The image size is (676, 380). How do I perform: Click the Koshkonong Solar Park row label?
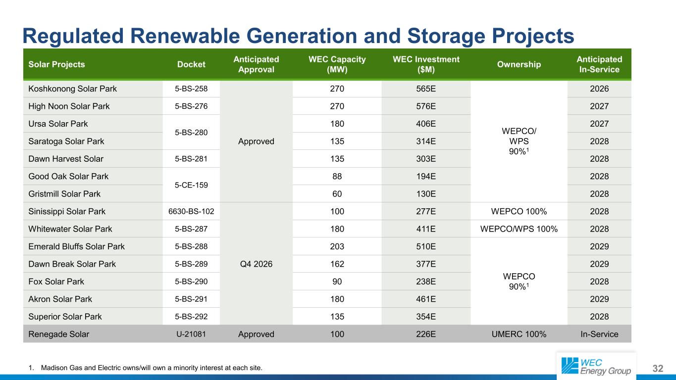click(72, 89)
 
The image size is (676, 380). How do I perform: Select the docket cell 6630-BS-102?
click(191, 211)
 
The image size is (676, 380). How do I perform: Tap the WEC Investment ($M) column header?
click(426, 64)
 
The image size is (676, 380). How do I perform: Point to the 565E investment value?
click(426, 89)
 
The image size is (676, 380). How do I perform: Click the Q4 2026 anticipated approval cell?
click(256, 264)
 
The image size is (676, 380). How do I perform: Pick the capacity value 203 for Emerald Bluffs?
click(337, 246)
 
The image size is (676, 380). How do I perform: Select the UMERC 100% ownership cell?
click(519, 334)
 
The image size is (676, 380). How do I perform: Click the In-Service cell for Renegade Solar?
click(599, 334)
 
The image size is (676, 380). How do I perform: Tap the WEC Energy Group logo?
click(596, 366)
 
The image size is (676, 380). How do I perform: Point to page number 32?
click(658, 368)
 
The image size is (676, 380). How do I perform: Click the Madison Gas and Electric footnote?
click(146, 368)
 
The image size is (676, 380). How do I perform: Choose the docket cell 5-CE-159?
click(191, 185)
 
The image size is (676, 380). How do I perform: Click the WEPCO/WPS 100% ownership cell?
click(519, 229)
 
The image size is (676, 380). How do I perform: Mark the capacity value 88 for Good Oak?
click(337, 177)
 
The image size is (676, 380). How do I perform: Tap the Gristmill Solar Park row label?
click(64, 194)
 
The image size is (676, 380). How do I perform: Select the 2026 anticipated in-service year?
click(599, 89)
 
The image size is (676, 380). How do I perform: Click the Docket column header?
click(191, 64)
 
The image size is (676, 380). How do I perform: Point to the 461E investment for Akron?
click(426, 299)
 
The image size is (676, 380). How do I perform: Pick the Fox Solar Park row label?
click(56, 282)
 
